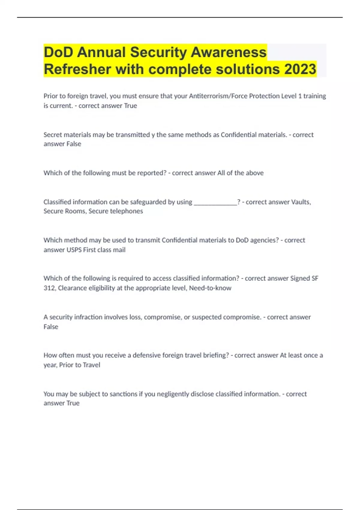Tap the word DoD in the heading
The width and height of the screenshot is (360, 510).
click(58, 52)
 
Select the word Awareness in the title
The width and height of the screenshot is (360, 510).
click(229, 52)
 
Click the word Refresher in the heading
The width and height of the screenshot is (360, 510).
click(77, 69)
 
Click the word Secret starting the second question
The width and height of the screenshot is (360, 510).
click(52, 135)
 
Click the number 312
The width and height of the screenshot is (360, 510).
click(49, 288)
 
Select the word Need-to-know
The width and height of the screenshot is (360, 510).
click(210, 288)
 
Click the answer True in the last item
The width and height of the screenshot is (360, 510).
click(73, 403)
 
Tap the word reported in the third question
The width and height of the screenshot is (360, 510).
click(151, 173)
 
